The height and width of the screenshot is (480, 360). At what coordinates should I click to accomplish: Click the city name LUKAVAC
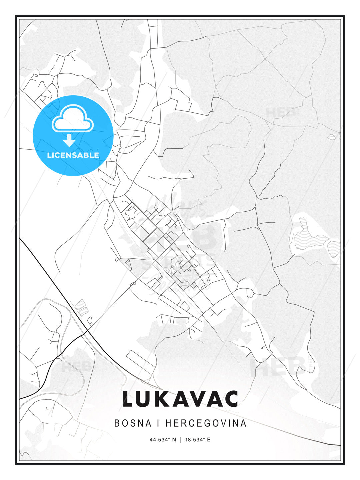click(x=180, y=399)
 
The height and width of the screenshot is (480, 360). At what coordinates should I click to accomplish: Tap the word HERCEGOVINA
click(x=206, y=423)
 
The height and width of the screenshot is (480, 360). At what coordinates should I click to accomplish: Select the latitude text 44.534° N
click(x=163, y=440)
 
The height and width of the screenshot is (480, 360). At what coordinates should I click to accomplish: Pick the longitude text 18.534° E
click(x=198, y=440)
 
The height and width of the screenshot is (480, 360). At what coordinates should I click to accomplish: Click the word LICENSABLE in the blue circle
click(x=73, y=155)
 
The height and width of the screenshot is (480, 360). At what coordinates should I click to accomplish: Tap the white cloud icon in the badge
click(x=73, y=118)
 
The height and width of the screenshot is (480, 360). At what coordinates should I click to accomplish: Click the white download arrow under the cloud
click(x=69, y=140)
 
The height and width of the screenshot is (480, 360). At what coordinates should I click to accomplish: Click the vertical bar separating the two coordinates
click(x=180, y=440)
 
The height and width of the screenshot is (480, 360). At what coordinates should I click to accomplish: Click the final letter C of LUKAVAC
click(x=231, y=399)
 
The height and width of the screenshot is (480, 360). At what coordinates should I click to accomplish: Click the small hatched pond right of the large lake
click(x=334, y=248)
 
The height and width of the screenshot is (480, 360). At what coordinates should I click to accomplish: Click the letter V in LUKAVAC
click(x=197, y=399)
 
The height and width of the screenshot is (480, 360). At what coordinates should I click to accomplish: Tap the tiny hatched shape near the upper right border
click(x=332, y=137)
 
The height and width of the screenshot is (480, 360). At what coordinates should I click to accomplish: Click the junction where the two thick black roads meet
click(x=87, y=331)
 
